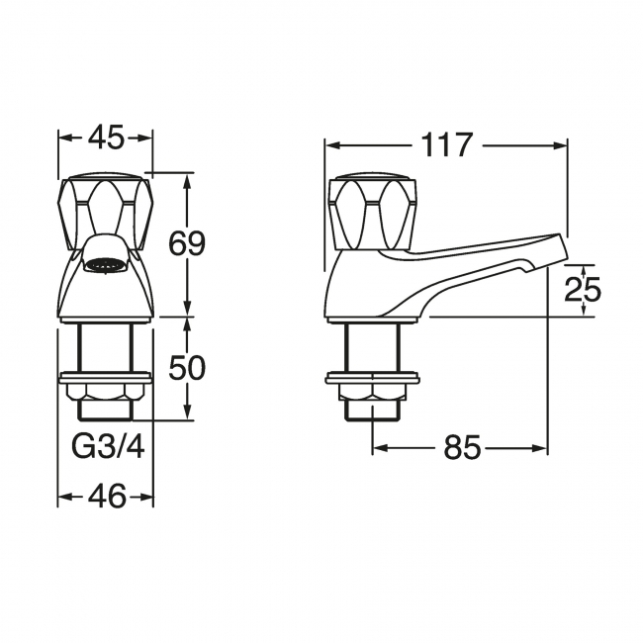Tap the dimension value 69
[x=186, y=243]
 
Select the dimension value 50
[x=186, y=368]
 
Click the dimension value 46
[x=106, y=496]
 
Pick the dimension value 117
[x=446, y=145]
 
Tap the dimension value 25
[x=583, y=290]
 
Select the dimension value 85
[x=461, y=448]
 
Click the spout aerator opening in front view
[x=105, y=264]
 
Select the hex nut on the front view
[x=105, y=394]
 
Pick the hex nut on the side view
[x=372, y=393]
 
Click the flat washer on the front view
[x=105, y=377]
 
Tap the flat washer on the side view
[x=372, y=377]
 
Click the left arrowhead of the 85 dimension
[x=377, y=448]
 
